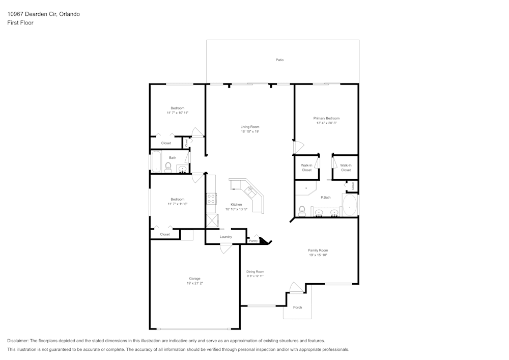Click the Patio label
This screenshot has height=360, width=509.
[x=279, y=60]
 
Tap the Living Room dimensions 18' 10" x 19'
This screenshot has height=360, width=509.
[x=250, y=131]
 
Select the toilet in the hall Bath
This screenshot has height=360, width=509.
[x=168, y=168]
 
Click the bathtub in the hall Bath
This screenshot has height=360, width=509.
[x=156, y=162]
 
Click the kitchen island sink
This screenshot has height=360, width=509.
[x=250, y=191]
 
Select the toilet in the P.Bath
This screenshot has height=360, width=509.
[x=302, y=210]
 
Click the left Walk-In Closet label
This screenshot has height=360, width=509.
[x=306, y=168]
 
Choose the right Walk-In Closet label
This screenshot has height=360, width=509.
[x=346, y=168]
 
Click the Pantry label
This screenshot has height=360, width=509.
[x=253, y=241]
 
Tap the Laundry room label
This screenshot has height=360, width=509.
[x=226, y=237]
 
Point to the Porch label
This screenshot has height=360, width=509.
[x=298, y=308]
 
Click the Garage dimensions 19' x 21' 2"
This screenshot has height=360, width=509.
[x=194, y=283]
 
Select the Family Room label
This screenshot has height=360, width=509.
[x=318, y=250]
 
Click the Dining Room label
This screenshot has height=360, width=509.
[x=256, y=272]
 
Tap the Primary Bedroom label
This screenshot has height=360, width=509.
[x=326, y=118]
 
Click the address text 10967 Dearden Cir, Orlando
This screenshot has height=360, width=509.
[x=43, y=14]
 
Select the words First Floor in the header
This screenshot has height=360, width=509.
[x=20, y=23]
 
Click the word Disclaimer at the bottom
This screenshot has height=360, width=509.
[x=18, y=341]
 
